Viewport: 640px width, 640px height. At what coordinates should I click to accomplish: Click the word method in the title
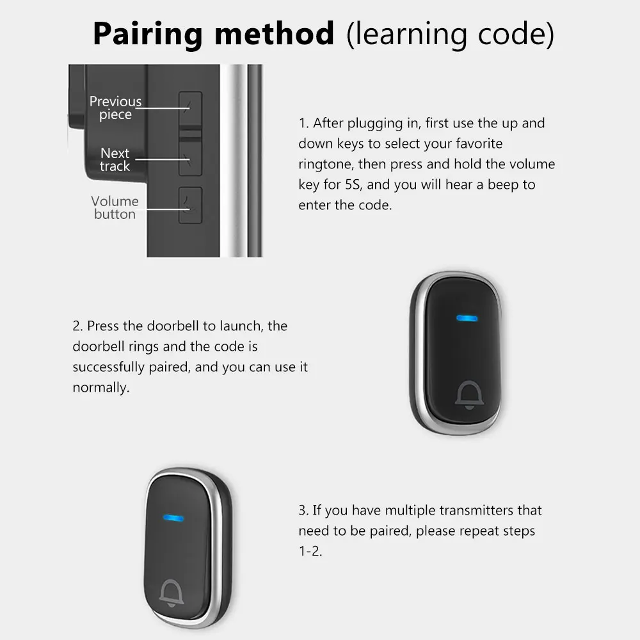(275, 33)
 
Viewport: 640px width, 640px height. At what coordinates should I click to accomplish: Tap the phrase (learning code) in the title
(450, 33)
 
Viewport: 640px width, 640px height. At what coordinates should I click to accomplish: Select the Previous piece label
(115, 108)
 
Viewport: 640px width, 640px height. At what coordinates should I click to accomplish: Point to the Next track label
(115, 159)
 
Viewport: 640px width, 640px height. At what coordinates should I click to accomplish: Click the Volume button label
(115, 207)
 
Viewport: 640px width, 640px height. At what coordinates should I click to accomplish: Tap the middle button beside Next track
(190, 156)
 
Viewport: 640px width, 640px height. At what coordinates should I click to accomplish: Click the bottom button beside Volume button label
(190, 205)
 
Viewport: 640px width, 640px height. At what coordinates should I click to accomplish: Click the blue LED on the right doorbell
(465, 318)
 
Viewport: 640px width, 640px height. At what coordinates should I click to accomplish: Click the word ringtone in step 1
(326, 164)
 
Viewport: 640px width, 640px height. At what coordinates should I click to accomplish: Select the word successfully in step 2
(107, 367)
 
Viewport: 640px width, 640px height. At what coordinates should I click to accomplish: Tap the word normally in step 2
(100, 388)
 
